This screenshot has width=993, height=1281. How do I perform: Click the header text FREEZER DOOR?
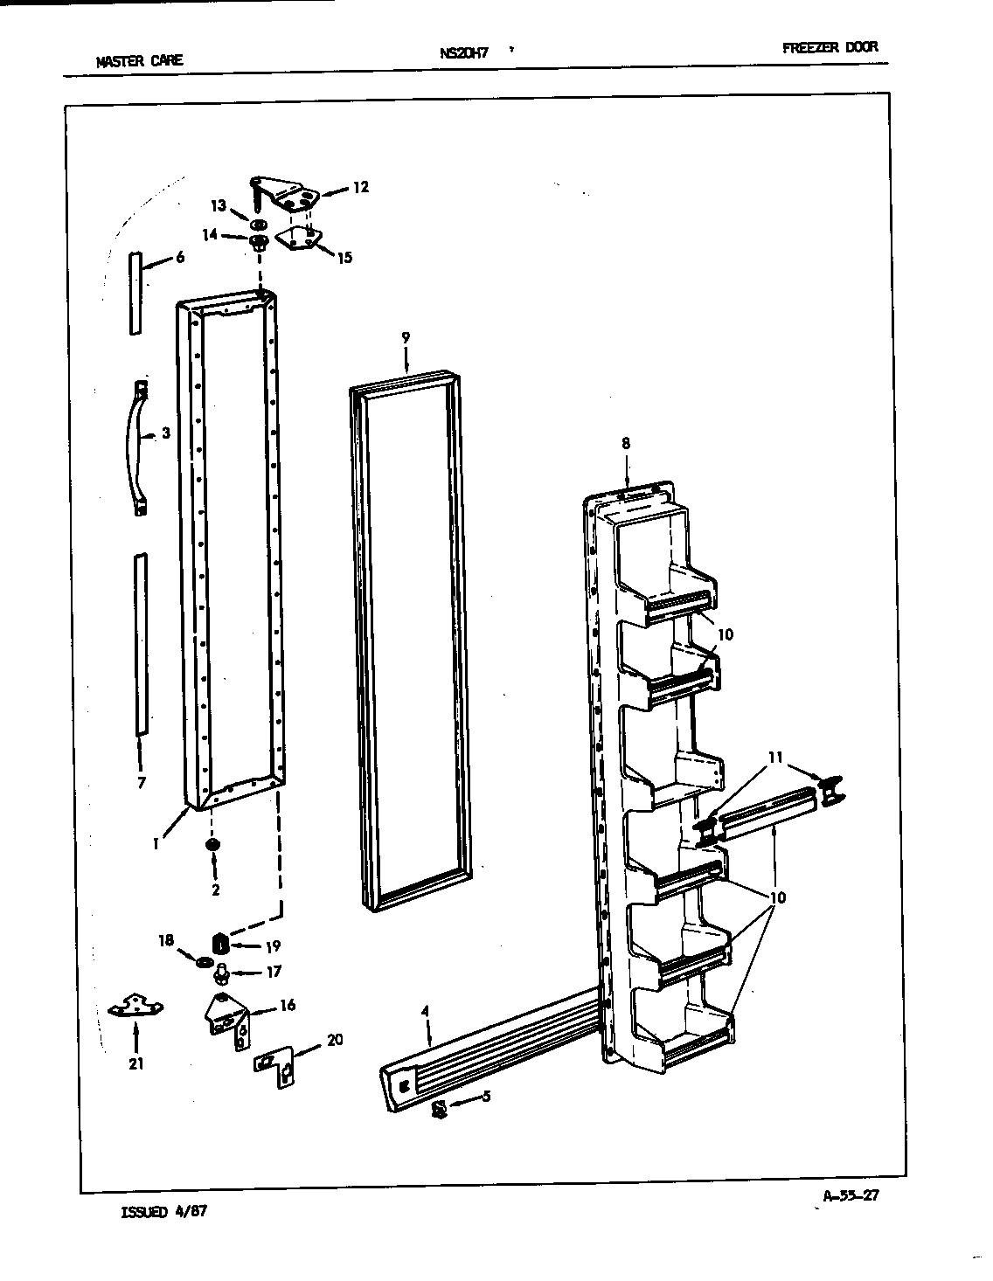(x=830, y=47)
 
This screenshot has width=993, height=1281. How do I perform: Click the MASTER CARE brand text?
(x=140, y=60)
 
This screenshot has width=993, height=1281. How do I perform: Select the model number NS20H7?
(x=463, y=52)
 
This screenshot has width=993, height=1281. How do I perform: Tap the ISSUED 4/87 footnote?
(x=163, y=1212)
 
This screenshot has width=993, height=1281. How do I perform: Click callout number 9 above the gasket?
(x=406, y=337)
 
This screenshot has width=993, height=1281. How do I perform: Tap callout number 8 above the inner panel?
(x=626, y=443)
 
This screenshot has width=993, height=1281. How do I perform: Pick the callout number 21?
(x=135, y=1063)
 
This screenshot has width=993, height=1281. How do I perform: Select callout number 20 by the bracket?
(x=334, y=1040)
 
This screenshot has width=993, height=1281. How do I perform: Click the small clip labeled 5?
(x=441, y=1108)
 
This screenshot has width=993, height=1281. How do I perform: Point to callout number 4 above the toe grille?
(x=425, y=1012)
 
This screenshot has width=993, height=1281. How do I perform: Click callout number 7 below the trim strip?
(x=142, y=782)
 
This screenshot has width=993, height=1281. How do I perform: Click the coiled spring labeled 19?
(x=221, y=945)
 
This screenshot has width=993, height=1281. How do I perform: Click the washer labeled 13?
(x=258, y=224)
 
